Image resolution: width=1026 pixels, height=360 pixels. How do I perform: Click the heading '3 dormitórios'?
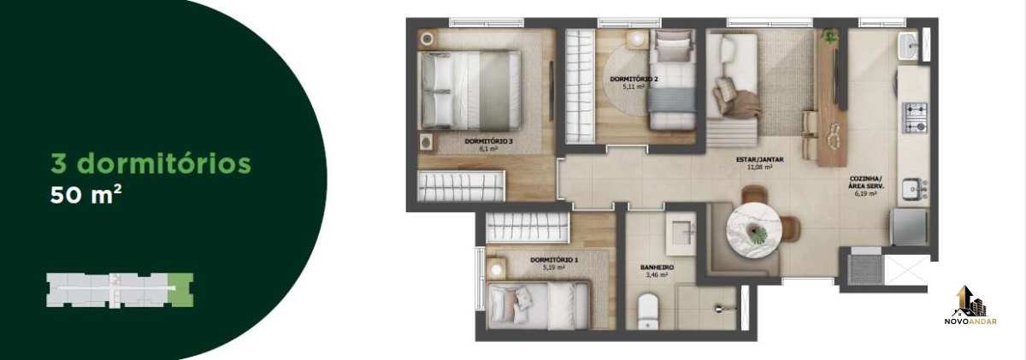[x=150, y=163]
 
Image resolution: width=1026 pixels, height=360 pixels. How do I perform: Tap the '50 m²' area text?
[x=85, y=194]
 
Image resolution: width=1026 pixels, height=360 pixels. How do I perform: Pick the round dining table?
[x=753, y=231]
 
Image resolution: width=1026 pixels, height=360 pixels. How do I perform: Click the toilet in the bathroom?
[x=648, y=311]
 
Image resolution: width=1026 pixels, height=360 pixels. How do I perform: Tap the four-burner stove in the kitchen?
[x=915, y=118]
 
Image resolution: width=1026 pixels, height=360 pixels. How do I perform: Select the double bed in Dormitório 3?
[x=469, y=90]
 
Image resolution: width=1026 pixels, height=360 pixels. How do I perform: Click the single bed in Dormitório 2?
[x=672, y=80]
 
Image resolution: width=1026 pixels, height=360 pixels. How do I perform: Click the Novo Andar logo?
[x=970, y=305]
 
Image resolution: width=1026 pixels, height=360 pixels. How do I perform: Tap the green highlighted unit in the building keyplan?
[x=180, y=290]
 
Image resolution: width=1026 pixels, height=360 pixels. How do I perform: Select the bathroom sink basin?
[x=681, y=233]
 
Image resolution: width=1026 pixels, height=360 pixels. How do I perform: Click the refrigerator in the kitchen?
[x=909, y=227]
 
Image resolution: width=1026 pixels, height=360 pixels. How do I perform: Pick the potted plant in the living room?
[x=829, y=37]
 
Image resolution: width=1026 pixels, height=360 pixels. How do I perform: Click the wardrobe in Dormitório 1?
[x=528, y=227]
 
